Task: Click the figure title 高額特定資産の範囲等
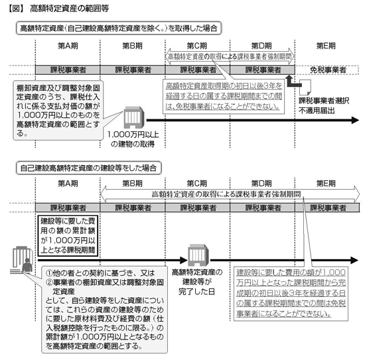(x=70, y=9)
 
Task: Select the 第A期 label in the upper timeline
(x=68, y=46)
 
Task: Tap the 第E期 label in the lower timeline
(x=326, y=184)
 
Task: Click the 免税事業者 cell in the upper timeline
(x=328, y=70)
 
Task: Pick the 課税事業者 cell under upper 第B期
(x=133, y=70)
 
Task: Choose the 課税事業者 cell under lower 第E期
(x=327, y=208)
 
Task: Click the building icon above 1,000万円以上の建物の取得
(x=133, y=117)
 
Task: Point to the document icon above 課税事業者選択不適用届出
(x=305, y=88)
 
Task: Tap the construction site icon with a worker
(x=21, y=260)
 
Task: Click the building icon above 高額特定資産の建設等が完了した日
(x=198, y=255)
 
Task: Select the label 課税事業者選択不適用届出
(x=324, y=105)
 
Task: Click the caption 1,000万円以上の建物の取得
(x=133, y=139)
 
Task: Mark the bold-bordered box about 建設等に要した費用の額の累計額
(x=68, y=235)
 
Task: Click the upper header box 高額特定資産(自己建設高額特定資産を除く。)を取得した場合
(x=119, y=28)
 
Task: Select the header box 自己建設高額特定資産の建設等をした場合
(x=88, y=168)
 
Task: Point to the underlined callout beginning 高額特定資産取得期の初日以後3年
(x=224, y=97)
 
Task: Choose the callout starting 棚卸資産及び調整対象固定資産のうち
(x=58, y=111)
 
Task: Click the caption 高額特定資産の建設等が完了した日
(x=197, y=282)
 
